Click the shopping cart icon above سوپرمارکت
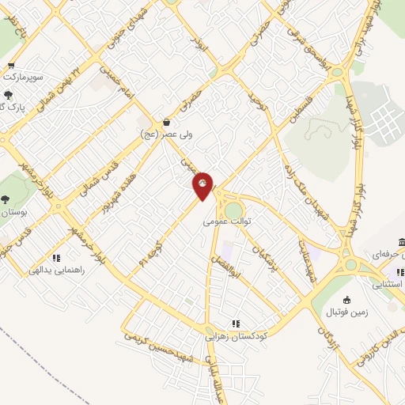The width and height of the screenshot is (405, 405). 10,66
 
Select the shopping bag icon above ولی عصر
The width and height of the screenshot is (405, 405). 167,122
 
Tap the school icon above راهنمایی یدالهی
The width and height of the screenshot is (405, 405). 56,257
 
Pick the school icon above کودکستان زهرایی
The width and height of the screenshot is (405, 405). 235,323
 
